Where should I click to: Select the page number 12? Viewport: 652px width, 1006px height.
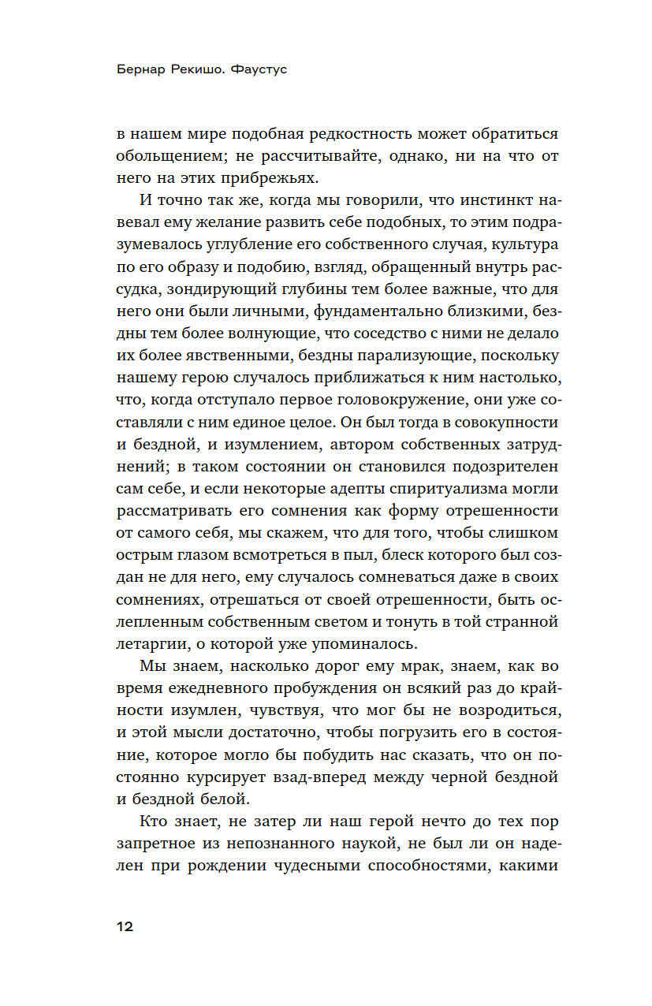[125, 926]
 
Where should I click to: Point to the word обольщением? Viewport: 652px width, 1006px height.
[166, 156]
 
